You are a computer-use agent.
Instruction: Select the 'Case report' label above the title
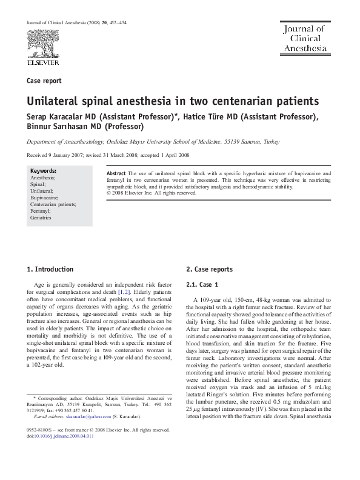(x=44, y=81)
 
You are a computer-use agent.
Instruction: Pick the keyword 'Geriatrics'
(x=42, y=218)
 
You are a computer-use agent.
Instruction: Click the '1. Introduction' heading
(x=51, y=269)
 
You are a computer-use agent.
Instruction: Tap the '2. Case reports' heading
(x=209, y=269)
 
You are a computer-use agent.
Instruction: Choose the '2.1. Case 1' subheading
(x=206, y=284)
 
